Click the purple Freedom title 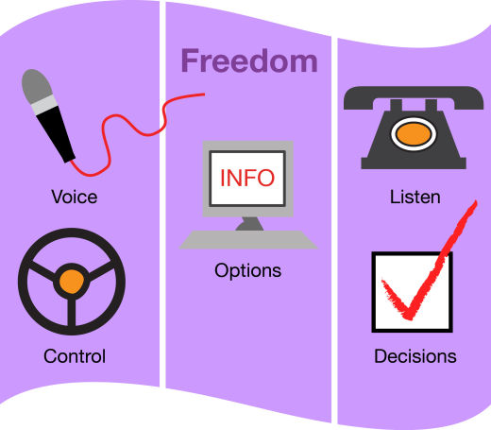coord(249,60)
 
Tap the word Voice coord(75,198)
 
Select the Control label coord(75,356)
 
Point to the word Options coord(247,271)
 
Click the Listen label coord(415,198)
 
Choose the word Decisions coord(415,356)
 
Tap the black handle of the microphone coord(56,134)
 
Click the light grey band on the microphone coord(44,105)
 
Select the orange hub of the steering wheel coord(72,282)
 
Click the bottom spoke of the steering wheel coord(72,313)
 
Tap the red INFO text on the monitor coord(247,178)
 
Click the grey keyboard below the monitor coord(248,240)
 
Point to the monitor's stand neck coord(249,224)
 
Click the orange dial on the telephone coord(414,134)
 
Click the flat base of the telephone coord(414,163)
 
